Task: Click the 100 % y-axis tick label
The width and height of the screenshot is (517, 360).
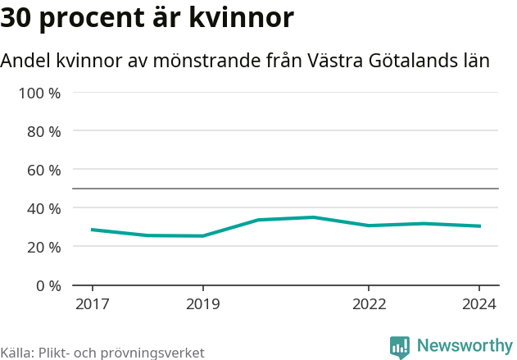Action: [39, 93]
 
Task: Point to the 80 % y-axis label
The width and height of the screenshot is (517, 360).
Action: [43, 131]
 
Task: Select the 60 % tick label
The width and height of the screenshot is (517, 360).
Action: [43, 170]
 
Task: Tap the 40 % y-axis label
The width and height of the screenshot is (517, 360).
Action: [43, 208]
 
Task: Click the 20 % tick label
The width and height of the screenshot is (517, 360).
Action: [43, 247]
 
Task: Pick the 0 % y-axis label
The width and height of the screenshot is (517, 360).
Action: [48, 285]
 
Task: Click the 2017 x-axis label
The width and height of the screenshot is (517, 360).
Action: [92, 304]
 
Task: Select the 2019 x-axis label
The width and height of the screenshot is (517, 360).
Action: [203, 304]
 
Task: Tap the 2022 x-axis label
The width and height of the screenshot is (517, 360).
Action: [369, 304]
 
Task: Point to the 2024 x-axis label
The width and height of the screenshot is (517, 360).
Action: [479, 304]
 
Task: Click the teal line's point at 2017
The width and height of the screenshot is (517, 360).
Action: [92, 230]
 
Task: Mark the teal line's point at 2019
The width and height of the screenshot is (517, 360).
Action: [203, 236]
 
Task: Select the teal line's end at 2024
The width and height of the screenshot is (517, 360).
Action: [479, 226]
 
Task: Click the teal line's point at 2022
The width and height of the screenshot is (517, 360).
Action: [369, 226]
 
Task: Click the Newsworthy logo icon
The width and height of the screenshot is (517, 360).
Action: [400, 347]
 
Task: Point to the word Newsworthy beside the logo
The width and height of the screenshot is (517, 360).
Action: [465, 346]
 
